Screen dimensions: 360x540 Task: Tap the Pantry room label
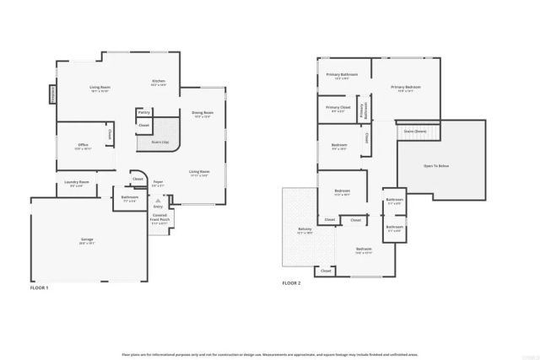(143, 111)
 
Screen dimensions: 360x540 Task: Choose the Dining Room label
(202, 114)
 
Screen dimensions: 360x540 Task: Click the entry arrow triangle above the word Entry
(158, 199)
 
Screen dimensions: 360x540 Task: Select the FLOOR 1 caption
(39, 288)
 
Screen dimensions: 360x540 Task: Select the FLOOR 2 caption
(291, 283)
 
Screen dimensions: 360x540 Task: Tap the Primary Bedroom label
(405, 88)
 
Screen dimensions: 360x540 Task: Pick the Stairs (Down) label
(414, 132)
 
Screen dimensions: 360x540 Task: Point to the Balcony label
(305, 230)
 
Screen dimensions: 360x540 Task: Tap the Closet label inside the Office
(109, 135)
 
